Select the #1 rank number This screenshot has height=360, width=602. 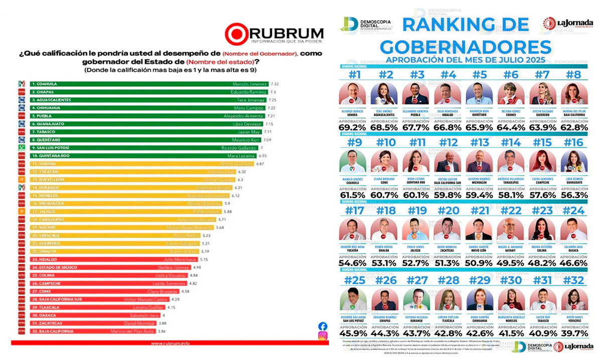(356, 75)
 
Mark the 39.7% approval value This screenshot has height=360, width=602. (575, 333)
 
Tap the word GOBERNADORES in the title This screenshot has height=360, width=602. (465, 47)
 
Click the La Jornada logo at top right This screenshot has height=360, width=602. (568, 23)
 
